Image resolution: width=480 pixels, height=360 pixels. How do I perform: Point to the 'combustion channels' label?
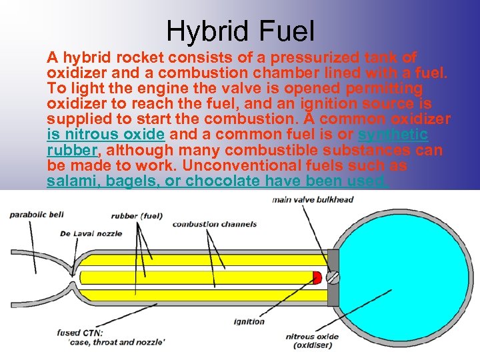tap(214, 224)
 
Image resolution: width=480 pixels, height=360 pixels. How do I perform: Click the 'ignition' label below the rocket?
tap(249, 321)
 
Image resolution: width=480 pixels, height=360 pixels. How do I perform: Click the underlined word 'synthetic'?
tap(393, 135)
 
